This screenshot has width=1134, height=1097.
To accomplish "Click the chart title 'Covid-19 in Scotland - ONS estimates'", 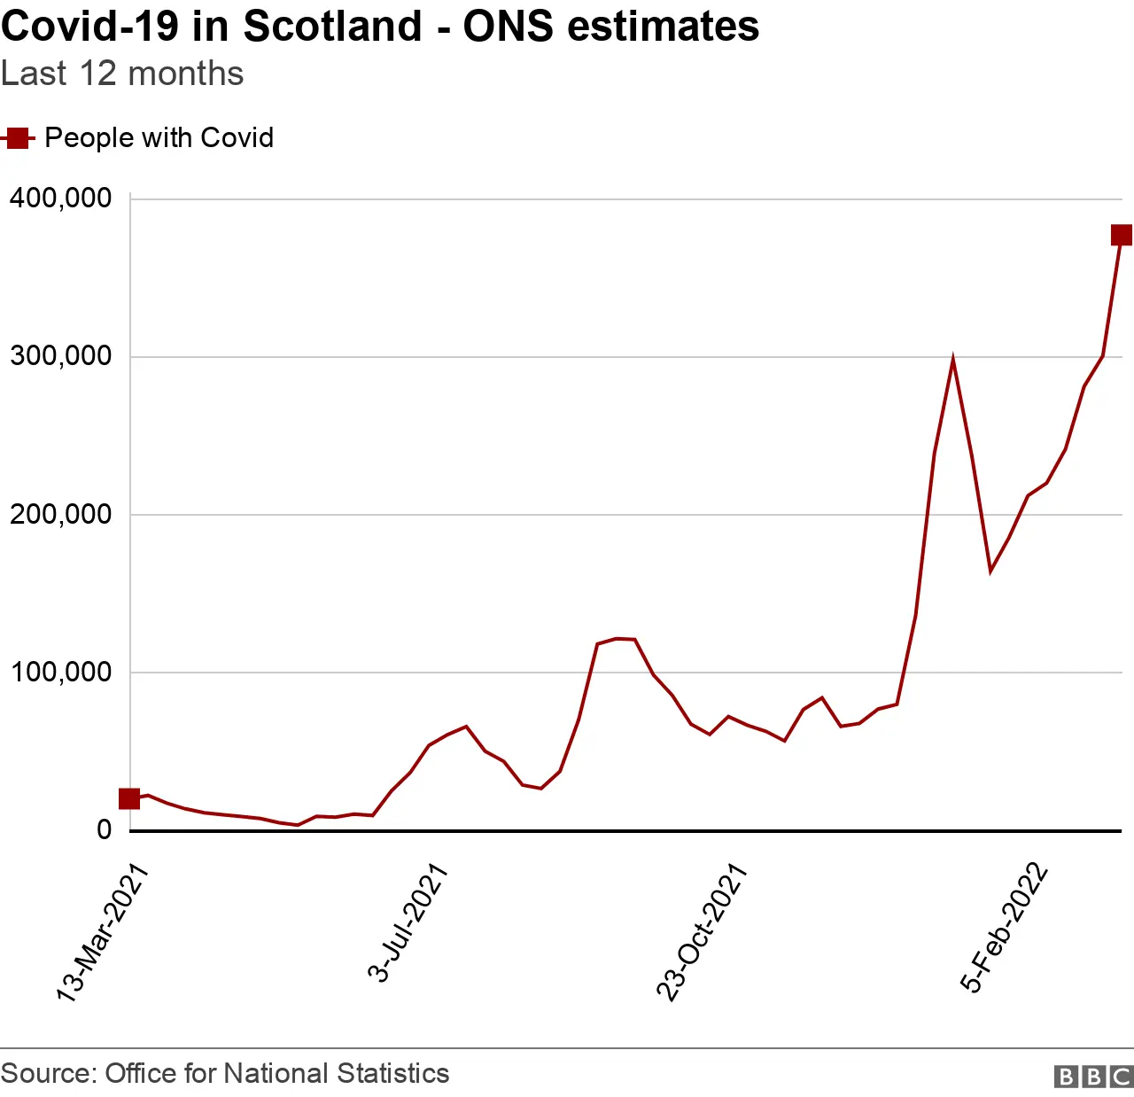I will pyautogui.click(x=380, y=27).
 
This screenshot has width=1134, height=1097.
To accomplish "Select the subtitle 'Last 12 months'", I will pyautogui.click(x=122, y=74).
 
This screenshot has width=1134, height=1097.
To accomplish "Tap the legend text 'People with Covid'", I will pyautogui.click(x=159, y=138).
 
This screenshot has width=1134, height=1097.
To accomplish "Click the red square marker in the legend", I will pyautogui.click(x=17, y=138).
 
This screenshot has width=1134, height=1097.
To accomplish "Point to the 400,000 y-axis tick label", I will pyautogui.click(x=60, y=198).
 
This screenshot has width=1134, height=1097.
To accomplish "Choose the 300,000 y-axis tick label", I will pyautogui.click(x=60, y=356).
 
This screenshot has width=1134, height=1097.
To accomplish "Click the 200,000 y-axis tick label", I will pyautogui.click(x=60, y=514).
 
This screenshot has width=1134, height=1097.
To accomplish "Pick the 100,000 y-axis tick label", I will pyautogui.click(x=60, y=672).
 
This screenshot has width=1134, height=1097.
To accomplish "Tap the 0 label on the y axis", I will pyautogui.click(x=105, y=829).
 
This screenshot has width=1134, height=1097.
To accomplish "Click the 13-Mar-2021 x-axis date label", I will pyautogui.click(x=101, y=933).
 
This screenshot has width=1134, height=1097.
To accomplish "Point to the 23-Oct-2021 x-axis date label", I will pyautogui.click(x=702, y=933).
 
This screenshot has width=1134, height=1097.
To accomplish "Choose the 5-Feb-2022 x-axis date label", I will pyautogui.click(x=1004, y=928).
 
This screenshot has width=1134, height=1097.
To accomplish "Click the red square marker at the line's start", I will pyautogui.click(x=129, y=799).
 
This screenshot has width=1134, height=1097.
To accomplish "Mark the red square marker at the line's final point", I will pyautogui.click(x=1122, y=235).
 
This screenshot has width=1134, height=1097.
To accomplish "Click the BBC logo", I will pyautogui.click(x=1093, y=1076).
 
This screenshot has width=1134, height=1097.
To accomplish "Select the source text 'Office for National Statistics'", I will pyautogui.click(x=276, y=1074).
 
